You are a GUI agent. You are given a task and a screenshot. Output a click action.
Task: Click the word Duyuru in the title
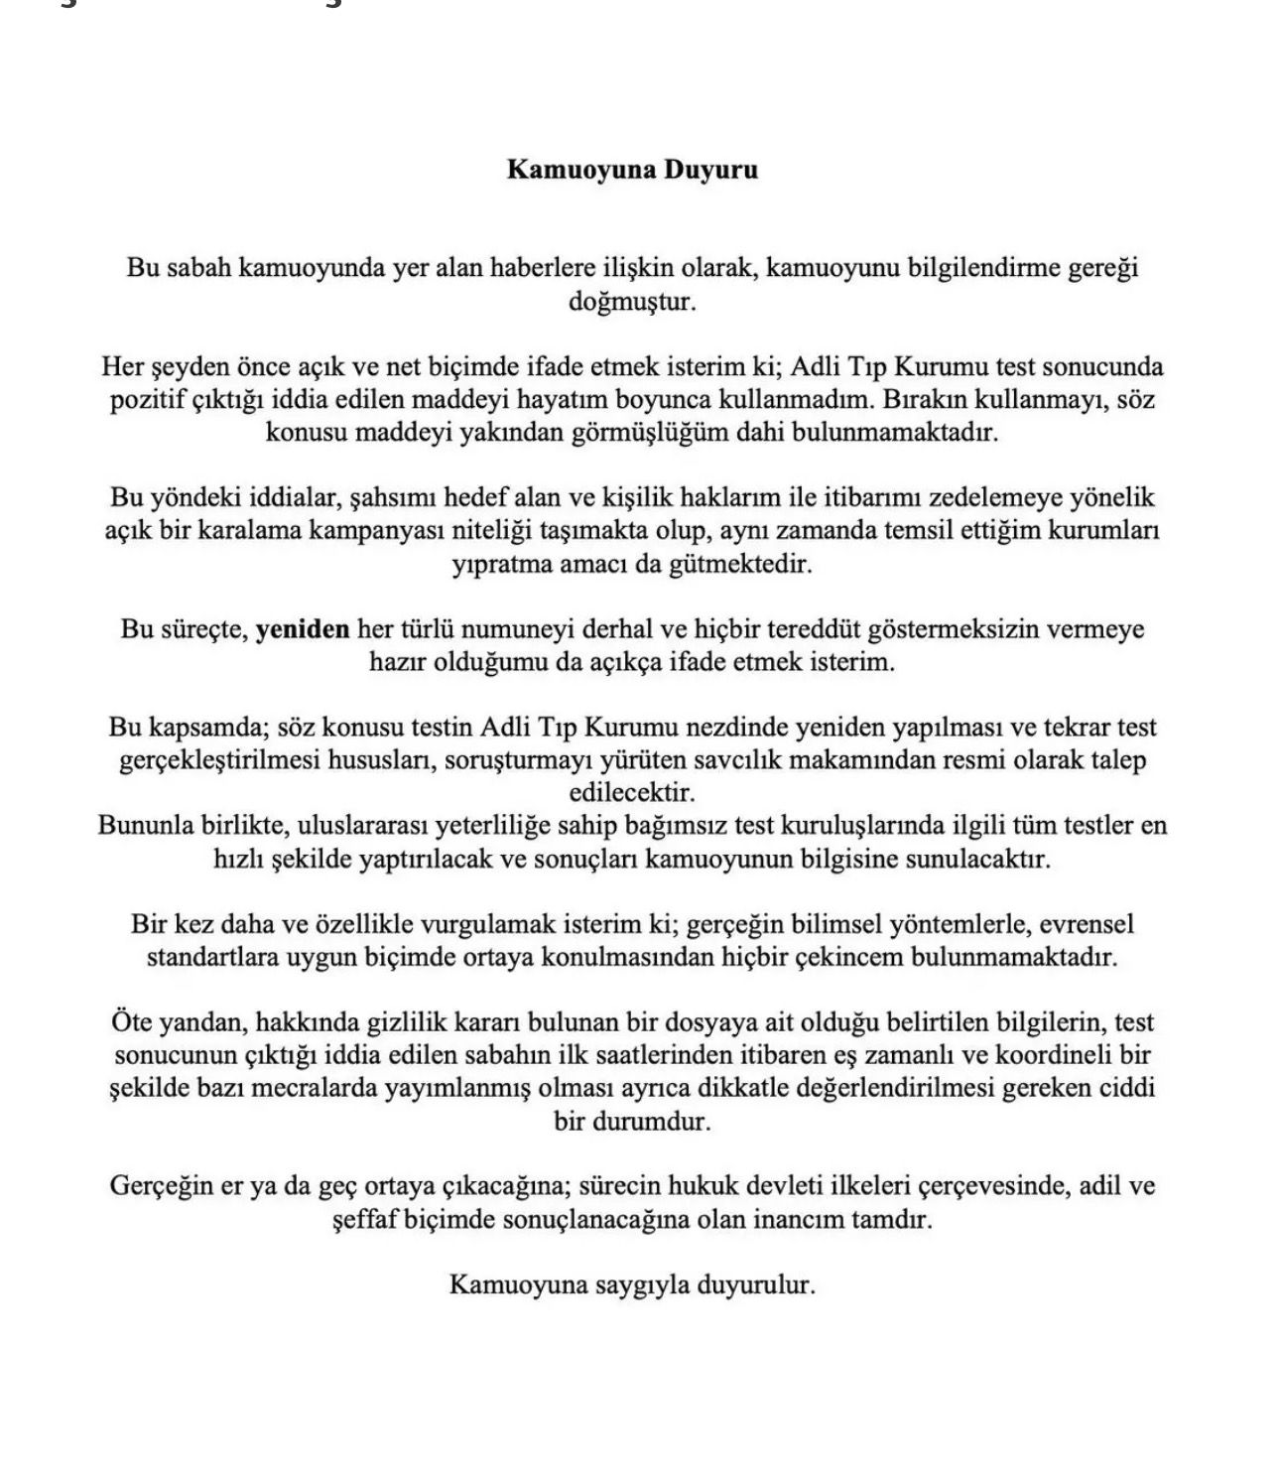pos(710,170)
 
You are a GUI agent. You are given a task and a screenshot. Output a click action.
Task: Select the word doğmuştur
pos(632,301)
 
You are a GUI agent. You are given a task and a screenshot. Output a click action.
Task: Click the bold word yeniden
pos(303,629)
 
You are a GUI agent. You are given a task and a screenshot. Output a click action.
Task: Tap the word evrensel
pos(1087,924)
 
